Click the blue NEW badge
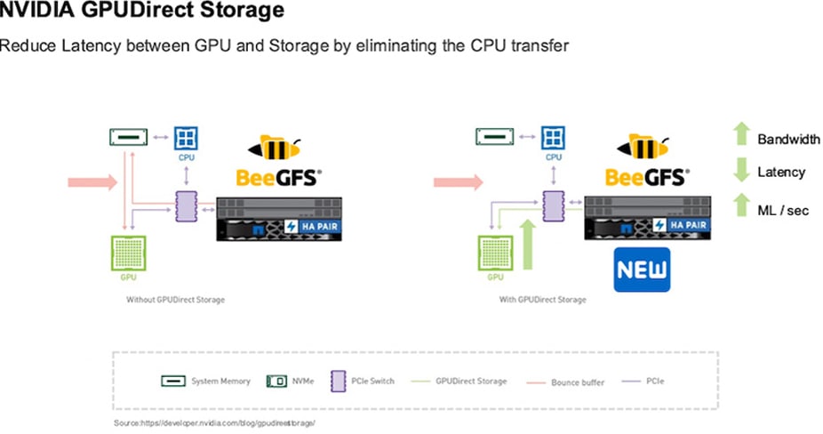(641, 269)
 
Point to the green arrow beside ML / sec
(740, 207)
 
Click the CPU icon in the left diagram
(186, 138)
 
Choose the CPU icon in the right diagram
(553, 138)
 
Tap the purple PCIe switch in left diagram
(187, 206)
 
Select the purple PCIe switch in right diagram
(554, 206)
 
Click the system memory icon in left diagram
(126, 137)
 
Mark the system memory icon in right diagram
(494, 137)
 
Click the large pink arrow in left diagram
(92, 182)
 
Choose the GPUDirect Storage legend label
(470, 382)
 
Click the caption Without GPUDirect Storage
(175, 300)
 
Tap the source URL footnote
(214, 422)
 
